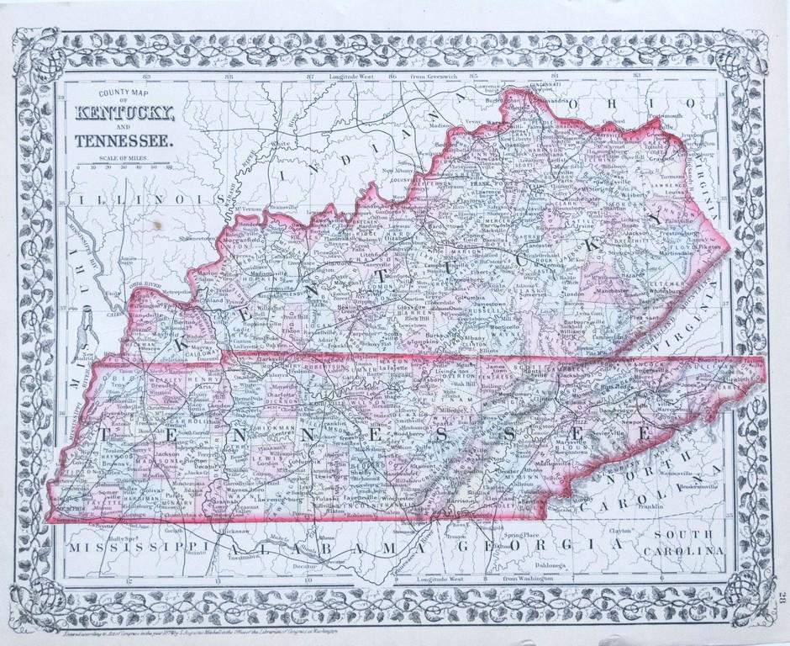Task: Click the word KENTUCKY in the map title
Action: coord(124,114)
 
